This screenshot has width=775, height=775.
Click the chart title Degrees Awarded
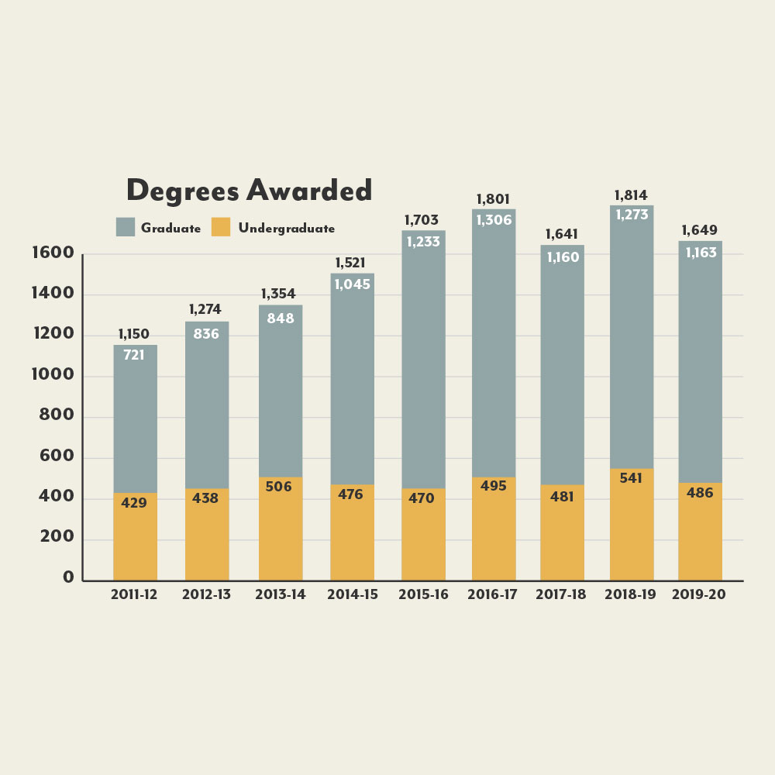[x=249, y=191]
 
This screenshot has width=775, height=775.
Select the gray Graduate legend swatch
[x=125, y=227]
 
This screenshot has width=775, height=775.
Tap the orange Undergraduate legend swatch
[x=221, y=227]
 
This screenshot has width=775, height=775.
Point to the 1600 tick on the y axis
[x=53, y=253]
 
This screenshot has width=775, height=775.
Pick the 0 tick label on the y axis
[x=68, y=577]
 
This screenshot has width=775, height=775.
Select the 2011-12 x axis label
[x=135, y=595]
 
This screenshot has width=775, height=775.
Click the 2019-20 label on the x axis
[x=699, y=595]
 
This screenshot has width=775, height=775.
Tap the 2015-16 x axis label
[x=423, y=595]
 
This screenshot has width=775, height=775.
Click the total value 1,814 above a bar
[x=631, y=195]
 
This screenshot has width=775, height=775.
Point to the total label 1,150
[x=134, y=335]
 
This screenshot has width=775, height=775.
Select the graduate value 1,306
[x=494, y=220]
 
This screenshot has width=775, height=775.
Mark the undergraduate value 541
[x=631, y=479]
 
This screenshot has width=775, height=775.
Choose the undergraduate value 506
[x=281, y=487]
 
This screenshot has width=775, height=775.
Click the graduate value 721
[x=134, y=356]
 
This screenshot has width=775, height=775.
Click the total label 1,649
[x=699, y=230]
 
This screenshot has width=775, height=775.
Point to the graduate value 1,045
[x=352, y=284]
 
